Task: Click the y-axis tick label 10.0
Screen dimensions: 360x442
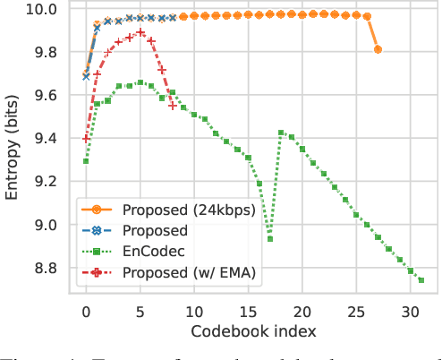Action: tap(42, 10)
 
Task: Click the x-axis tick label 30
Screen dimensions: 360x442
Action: tap(411, 313)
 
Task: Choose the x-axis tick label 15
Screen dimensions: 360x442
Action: tap(249, 313)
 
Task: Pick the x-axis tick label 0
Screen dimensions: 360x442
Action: tap(86, 313)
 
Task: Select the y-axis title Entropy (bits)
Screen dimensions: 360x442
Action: tap(13, 148)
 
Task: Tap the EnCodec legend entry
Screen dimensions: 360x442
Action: tap(161, 252)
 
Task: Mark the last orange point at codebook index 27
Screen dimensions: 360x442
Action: tap(378, 49)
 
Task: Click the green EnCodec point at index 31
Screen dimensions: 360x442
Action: tap(421, 280)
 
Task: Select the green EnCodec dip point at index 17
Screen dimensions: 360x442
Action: tap(270, 239)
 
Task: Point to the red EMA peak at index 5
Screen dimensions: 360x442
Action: tap(140, 32)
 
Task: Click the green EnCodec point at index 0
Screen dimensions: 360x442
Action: tap(86, 161)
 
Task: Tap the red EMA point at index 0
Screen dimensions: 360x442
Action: tap(86, 139)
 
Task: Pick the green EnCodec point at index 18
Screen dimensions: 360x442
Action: tap(281, 133)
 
